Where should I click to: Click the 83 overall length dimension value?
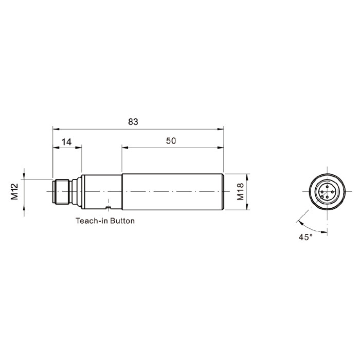point(133,122)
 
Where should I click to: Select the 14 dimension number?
point(66,142)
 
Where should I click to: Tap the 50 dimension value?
point(171,141)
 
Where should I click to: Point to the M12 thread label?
point(14,191)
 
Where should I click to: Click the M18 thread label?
point(240,192)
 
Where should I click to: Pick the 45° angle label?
point(305,237)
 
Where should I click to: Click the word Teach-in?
point(92,221)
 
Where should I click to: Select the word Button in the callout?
point(122,221)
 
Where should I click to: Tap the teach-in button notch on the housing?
point(109,208)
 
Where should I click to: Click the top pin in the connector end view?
point(327,186)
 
